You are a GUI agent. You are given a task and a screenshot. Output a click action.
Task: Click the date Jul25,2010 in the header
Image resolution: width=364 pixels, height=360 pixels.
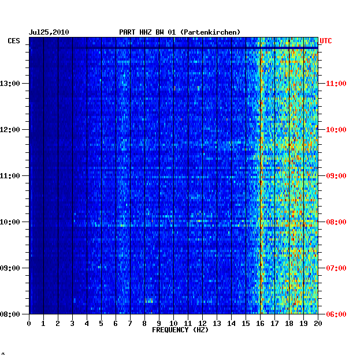tap(49, 32)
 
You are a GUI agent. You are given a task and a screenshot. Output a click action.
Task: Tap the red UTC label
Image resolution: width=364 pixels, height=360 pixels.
tap(326, 41)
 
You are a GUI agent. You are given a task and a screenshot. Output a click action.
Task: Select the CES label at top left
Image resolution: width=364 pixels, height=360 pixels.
tap(14, 41)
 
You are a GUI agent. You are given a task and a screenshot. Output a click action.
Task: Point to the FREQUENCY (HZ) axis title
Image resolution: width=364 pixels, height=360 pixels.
tap(180, 330)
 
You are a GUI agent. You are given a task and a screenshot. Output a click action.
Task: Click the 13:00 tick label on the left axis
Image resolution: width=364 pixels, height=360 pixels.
tap(10, 84)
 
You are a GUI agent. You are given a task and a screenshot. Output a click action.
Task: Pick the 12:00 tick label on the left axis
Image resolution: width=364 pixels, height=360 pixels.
tap(10, 130)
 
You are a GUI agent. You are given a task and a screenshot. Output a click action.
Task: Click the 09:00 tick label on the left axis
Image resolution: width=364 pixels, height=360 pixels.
tap(10, 268)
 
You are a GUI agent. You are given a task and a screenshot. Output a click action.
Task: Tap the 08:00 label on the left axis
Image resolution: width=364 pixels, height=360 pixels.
tap(10, 314)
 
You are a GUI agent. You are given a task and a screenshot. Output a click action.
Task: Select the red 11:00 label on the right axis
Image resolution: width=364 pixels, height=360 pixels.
tap(336, 84)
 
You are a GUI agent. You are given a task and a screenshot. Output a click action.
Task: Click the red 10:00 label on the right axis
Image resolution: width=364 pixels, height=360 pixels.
tap(336, 130)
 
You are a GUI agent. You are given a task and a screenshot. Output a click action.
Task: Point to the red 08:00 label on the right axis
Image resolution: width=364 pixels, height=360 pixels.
tap(336, 222)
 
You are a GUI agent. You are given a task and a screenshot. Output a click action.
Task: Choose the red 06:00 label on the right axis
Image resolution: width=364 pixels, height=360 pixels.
tap(336, 314)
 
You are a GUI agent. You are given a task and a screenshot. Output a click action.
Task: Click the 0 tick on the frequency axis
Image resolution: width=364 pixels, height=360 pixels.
tap(29, 323)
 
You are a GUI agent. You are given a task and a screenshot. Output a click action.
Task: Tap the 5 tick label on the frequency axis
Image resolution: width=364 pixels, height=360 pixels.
tap(101, 323)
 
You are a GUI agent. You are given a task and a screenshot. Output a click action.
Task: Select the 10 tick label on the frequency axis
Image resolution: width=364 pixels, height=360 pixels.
tap(173, 323)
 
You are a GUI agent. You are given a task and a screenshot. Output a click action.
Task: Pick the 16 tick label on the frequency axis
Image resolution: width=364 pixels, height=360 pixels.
tap(260, 323)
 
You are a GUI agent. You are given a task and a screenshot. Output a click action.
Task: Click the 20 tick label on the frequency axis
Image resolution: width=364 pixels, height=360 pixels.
tap(318, 323)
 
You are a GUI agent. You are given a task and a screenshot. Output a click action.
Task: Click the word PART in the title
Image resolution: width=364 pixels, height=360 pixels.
tap(127, 32)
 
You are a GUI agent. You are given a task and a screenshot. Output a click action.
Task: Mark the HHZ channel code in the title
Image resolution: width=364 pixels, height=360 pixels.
tap(146, 32)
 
